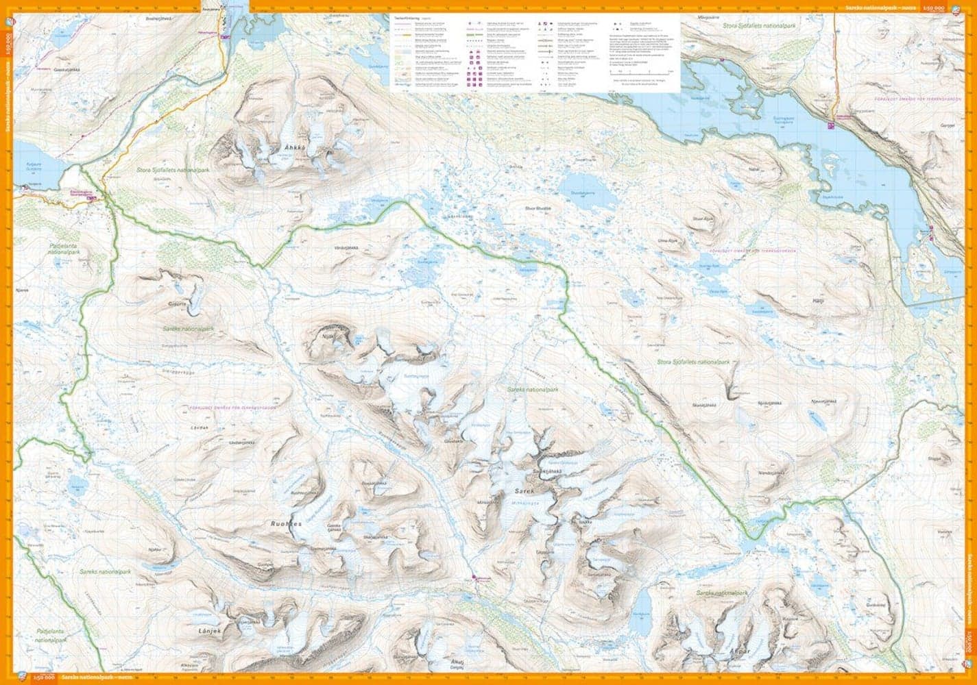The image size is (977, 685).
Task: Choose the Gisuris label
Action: coord(177,305)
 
